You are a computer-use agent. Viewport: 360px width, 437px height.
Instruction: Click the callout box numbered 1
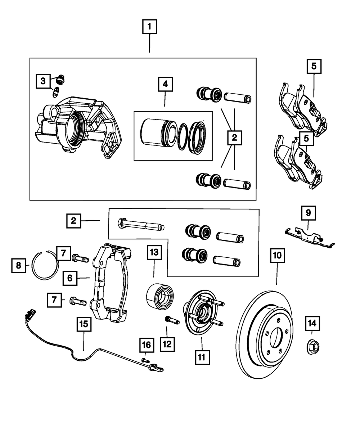pos(149,27)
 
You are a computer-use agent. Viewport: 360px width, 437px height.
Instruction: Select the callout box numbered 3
pos(43,81)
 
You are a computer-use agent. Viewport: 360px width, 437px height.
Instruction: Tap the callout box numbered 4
pos(165,84)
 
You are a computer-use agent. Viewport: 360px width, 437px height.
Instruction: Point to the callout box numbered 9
pos(309,213)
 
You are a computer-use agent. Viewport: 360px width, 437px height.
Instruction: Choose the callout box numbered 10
pos(277,255)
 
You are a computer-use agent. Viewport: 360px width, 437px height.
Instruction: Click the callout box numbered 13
pos(154,252)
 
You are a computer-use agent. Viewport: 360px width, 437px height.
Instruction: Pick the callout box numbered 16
pos(147,345)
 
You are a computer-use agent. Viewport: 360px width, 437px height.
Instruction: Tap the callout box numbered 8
pos(19,266)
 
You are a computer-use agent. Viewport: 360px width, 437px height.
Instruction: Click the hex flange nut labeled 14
pos(313,348)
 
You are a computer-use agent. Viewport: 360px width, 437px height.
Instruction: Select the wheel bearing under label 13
pos(160,296)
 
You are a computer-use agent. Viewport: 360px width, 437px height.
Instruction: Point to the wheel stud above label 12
pos(172,320)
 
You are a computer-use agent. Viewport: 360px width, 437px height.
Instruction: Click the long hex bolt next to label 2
pos(141,225)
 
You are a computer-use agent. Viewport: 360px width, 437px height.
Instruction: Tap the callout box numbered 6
pos(70,278)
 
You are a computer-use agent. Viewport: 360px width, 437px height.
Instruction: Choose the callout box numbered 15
pos(84,324)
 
